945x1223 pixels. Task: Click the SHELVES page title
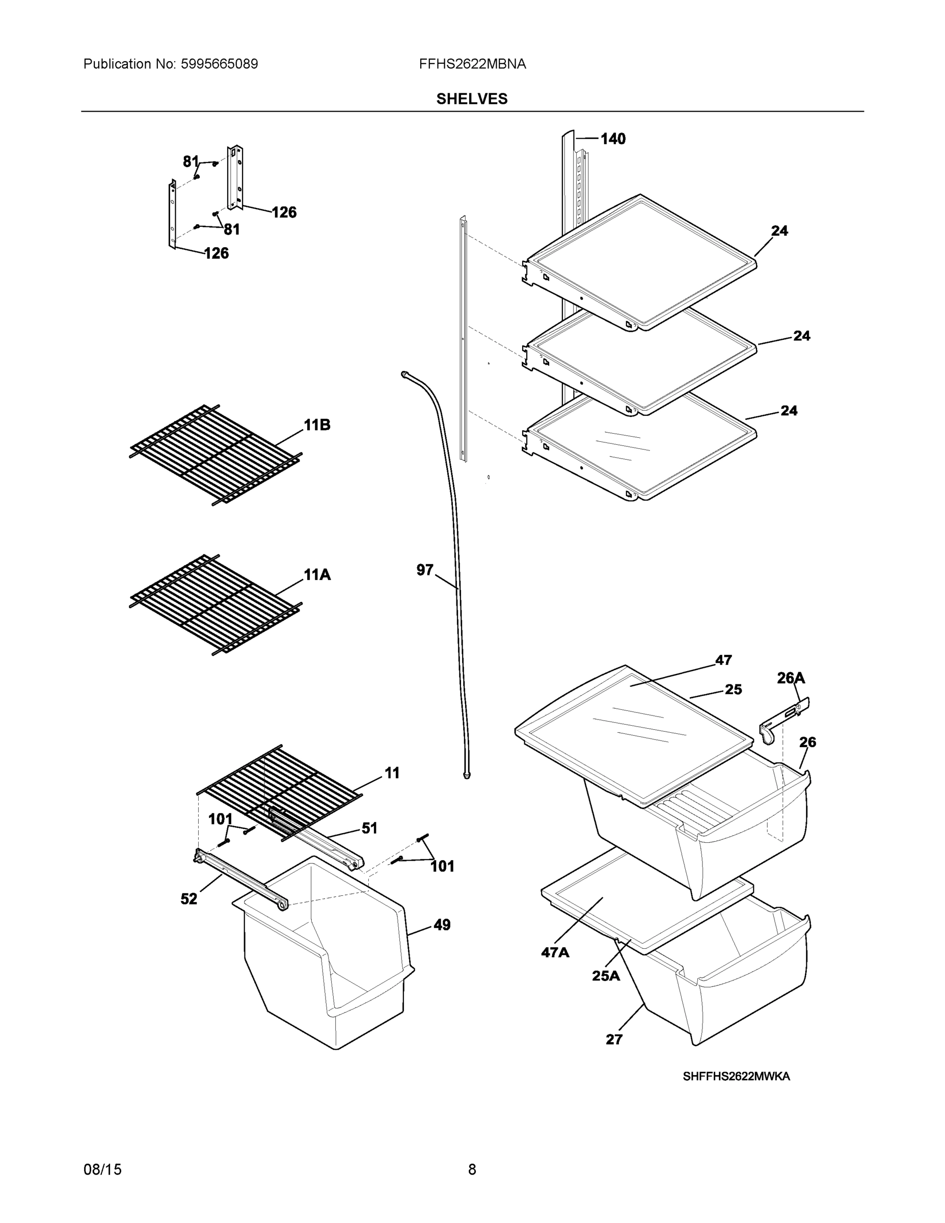pyautogui.click(x=471, y=99)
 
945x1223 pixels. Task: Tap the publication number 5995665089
pyautogui.click(x=219, y=64)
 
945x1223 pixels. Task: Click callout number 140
pyautogui.click(x=613, y=139)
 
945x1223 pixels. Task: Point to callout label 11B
pyautogui.click(x=317, y=425)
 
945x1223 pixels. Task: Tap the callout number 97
pyautogui.click(x=425, y=570)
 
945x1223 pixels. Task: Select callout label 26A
pyautogui.click(x=791, y=678)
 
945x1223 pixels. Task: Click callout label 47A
pyautogui.click(x=555, y=952)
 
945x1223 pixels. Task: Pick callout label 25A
pyautogui.click(x=606, y=976)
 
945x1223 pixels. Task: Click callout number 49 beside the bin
pyautogui.click(x=442, y=925)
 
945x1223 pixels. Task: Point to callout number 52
pyautogui.click(x=188, y=899)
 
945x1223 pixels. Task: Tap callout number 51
pyautogui.click(x=369, y=828)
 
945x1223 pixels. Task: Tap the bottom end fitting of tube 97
pyautogui.click(x=467, y=775)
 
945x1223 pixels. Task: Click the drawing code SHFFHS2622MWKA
pyautogui.click(x=736, y=1076)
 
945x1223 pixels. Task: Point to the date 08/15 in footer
pyautogui.click(x=102, y=1169)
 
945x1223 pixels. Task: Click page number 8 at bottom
pyautogui.click(x=472, y=1169)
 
